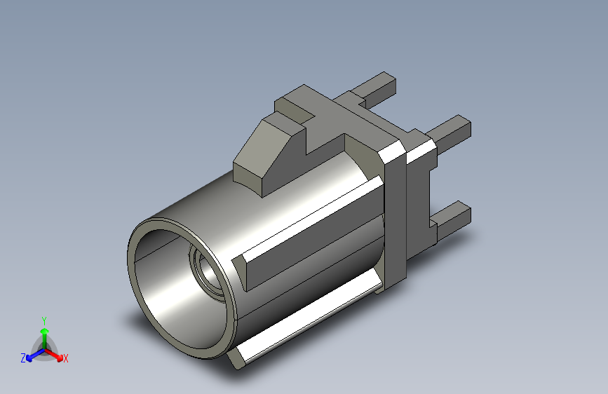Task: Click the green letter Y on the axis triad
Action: [44, 321]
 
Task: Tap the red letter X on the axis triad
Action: [65, 358]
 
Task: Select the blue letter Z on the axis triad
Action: [23, 358]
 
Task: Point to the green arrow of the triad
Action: [45, 339]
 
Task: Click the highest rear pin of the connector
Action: [377, 89]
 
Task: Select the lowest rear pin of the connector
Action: [451, 219]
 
